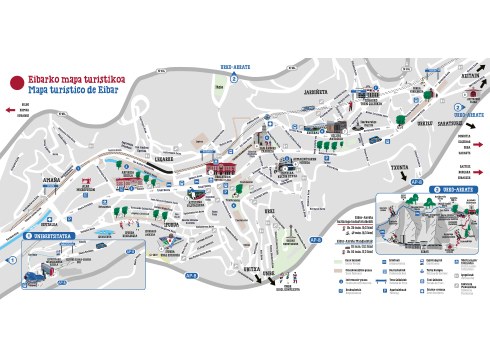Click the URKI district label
tap(268, 211)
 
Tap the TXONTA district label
tap(400, 167)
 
